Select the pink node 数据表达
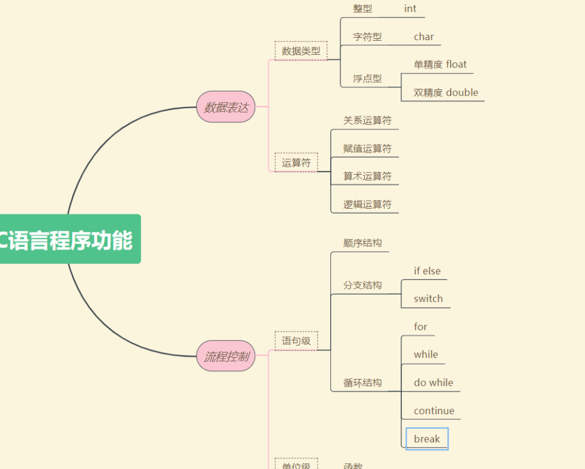tap(226, 107)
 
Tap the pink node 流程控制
tap(226, 356)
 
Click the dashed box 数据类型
tap(301, 51)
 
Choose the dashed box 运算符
tap(296, 162)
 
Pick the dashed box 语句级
tap(296, 341)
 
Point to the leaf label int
tap(410, 9)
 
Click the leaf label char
tap(424, 36)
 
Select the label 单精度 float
tap(440, 64)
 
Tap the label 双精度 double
tap(446, 92)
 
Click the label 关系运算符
tap(367, 120)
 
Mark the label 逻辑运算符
tap(367, 204)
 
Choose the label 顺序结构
tap(362, 243)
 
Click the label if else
tap(427, 271)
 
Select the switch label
tap(428, 299)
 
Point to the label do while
tap(433, 383)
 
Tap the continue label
tap(434, 411)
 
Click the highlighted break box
tap(427, 439)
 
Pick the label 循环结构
tap(362, 383)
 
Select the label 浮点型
tap(367, 78)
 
